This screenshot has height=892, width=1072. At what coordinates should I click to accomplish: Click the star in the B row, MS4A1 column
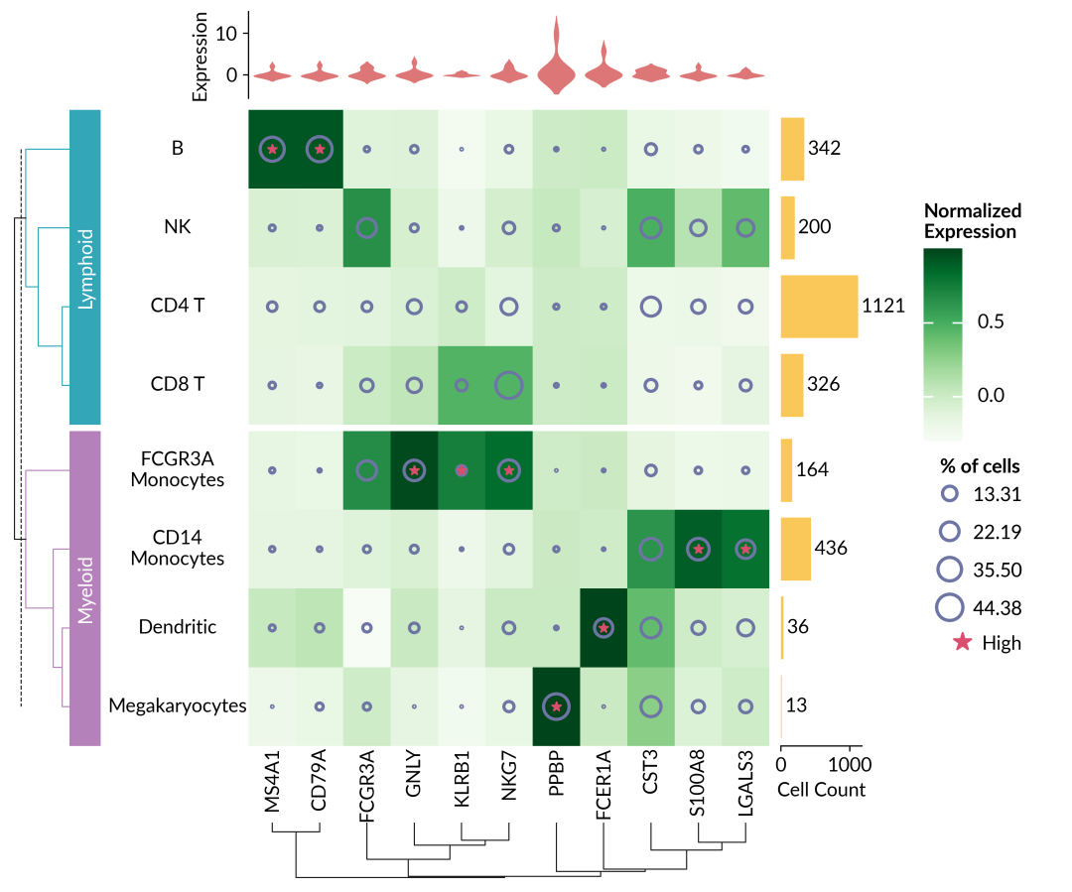pyautogui.click(x=272, y=149)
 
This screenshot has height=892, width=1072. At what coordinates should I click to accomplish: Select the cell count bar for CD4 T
pyautogui.click(x=819, y=307)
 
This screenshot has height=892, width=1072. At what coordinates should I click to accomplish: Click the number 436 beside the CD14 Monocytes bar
pyautogui.click(x=830, y=548)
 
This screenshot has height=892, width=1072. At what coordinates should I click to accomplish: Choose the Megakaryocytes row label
pyautogui.click(x=179, y=705)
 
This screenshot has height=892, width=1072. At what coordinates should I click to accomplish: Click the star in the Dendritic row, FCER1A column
pyautogui.click(x=603, y=627)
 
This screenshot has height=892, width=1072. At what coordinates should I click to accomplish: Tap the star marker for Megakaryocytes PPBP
pyautogui.click(x=557, y=706)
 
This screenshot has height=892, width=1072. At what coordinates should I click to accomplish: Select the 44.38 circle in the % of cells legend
pyautogui.click(x=950, y=607)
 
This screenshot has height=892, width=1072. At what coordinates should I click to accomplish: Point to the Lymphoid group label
pyautogui.click(x=85, y=268)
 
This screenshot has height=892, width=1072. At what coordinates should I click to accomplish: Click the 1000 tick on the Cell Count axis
pyautogui.click(x=850, y=765)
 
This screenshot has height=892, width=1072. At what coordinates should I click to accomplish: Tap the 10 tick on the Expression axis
pyautogui.click(x=227, y=33)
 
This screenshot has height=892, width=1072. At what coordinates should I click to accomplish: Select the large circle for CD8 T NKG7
pyautogui.click(x=508, y=385)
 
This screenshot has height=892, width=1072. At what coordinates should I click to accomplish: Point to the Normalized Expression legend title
pyautogui.click(x=972, y=221)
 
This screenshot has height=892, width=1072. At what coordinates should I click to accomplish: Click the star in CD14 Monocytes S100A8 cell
pyautogui.click(x=699, y=548)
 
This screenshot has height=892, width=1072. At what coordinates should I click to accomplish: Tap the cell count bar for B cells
pyautogui.click(x=792, y=149)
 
